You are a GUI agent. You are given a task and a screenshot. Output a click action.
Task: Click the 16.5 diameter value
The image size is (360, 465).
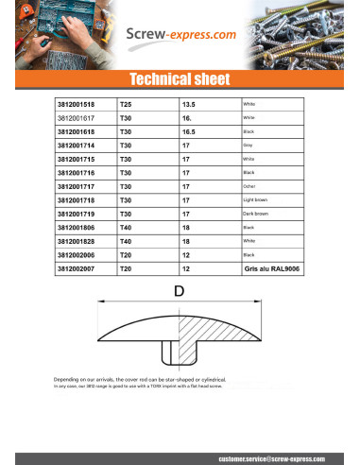click(187, 131)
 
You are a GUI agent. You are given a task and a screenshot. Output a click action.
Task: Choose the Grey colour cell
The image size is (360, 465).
click(249, 146)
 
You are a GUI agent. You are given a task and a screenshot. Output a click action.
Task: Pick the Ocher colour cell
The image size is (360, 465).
click(249, 187)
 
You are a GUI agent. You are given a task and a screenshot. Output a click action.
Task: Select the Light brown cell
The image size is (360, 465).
click(255, 201)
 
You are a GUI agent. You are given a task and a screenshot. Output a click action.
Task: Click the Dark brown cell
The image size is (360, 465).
click(255, 215)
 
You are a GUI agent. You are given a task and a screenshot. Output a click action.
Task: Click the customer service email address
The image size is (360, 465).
click(272, 456)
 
